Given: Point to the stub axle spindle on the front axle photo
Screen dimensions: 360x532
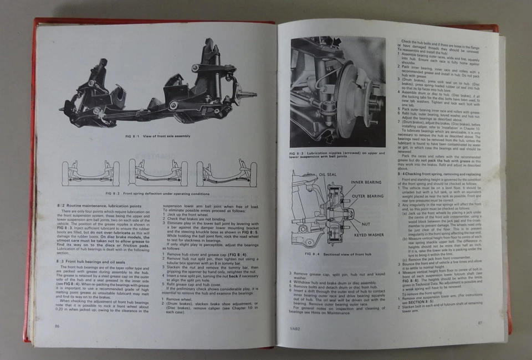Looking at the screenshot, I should [x=248, y=94].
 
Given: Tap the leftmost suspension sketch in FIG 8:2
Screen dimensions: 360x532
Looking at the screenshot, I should [x=90, y=173].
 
